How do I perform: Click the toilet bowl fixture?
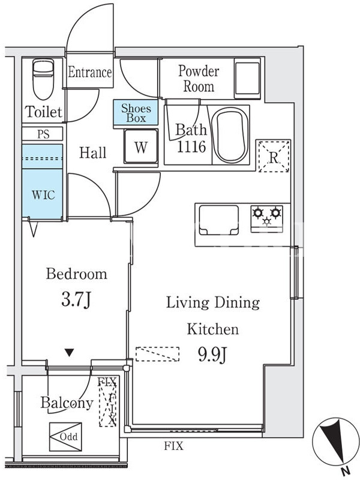(43, 79)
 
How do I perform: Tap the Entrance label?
(89, 72)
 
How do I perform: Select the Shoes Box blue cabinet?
(136, 112)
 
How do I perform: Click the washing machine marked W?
(141, 146)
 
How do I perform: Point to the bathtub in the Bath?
(232, 135)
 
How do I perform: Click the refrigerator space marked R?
(274, 156)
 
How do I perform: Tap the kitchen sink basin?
(218, 220)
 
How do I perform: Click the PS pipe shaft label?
(43, 134)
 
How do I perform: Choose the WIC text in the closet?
(43, 194)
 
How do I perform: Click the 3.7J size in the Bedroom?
(76, 299)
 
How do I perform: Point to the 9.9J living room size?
(212, 354)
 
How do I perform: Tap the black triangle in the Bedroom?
(70, 353)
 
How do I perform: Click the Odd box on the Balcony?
(65, 437)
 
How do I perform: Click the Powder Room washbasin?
(247, 79)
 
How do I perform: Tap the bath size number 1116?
(191, 147)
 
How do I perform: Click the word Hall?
(93, 152)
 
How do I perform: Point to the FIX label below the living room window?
(173, 446)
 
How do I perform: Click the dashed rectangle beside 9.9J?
(157, 354)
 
